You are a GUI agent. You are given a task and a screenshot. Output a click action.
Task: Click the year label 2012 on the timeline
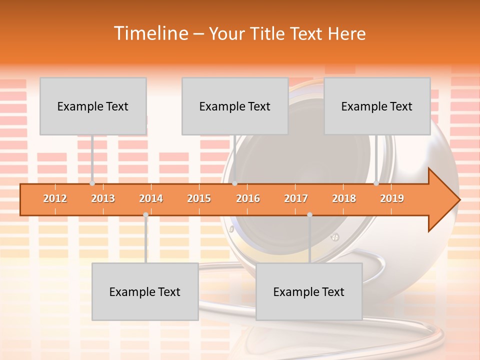pos(55,199)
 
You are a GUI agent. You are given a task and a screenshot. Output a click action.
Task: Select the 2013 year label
pos(103,199)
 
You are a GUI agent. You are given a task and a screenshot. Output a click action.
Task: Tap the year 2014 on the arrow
pos(151,199)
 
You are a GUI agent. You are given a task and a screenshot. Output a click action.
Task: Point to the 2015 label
pos(199,199)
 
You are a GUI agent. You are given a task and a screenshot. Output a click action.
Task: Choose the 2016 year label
pos(248,199)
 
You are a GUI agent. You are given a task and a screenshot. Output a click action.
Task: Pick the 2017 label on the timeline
pos(296,199)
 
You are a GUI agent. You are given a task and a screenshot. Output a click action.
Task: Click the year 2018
pos(344,199)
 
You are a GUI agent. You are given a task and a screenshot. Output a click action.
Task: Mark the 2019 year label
pos(392,199)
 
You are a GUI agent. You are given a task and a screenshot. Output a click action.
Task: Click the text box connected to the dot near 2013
pos(93,106)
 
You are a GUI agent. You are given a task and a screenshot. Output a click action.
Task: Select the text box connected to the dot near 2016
pos(235,106)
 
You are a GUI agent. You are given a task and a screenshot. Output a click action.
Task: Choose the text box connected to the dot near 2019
pos(377,106)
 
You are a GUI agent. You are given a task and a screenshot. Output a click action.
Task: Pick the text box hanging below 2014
pos(145,291)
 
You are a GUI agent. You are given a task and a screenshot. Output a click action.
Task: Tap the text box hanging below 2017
pos(309,291)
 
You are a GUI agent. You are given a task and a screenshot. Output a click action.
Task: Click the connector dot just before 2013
pos(92,183)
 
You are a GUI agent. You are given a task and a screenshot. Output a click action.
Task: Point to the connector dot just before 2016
pos(234,183)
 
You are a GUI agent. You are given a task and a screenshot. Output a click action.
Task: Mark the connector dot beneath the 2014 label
pos(145,215)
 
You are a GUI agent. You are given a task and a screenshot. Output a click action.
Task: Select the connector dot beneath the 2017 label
pos(309,215)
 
